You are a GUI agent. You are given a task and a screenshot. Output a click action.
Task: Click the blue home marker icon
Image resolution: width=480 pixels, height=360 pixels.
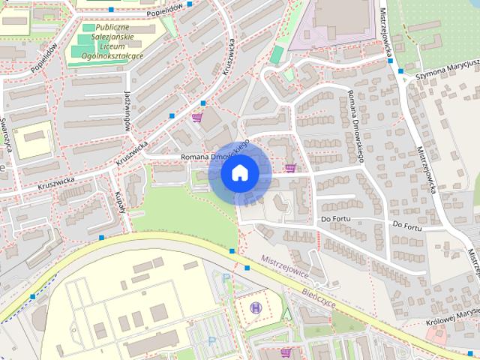(239, 173)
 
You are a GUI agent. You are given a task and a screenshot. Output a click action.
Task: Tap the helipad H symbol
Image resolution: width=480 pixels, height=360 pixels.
(256, 307)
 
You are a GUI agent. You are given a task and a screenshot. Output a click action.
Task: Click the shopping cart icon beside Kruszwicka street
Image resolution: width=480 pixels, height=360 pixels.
(197, 117)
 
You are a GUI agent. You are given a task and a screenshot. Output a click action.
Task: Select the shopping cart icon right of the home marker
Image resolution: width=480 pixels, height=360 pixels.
(289, 167)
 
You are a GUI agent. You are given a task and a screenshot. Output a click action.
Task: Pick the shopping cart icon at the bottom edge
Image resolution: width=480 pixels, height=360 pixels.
(286, 351)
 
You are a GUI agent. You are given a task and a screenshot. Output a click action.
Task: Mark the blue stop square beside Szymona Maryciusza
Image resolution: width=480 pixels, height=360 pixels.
(400, 71)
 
